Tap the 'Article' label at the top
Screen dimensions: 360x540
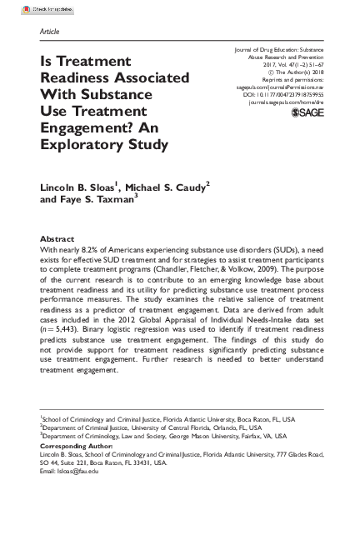(50, 32)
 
